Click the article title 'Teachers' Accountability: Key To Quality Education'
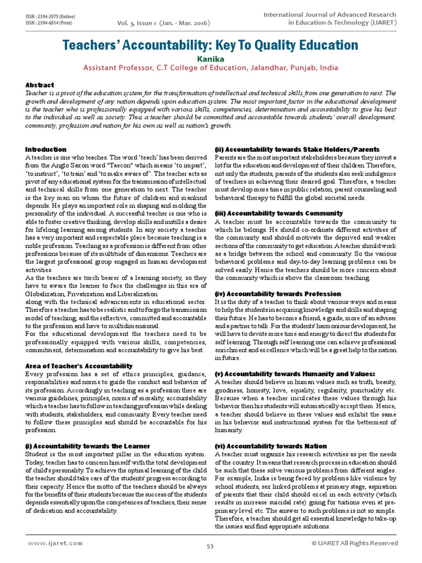pyautogui.click(x=210, y=45)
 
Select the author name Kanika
pyautogui.click(x=210, y=59)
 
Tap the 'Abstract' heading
pyautogui.click(x=40, y=85)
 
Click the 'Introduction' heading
pyautogui.click(x=46, y=150)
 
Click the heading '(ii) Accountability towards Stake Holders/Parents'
pyautogui.click(x=297, y=150)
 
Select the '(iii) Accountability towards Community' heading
pyautogui.click(x=279, y=213)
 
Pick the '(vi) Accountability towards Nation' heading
pyautogui.click(x=273, y=446)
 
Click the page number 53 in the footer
pyautogui.click(x=210, y=546)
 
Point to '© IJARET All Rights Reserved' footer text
pyautogui.click(x=354, y=543)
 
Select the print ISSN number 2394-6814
pyautogui.click(x=53, y=23)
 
